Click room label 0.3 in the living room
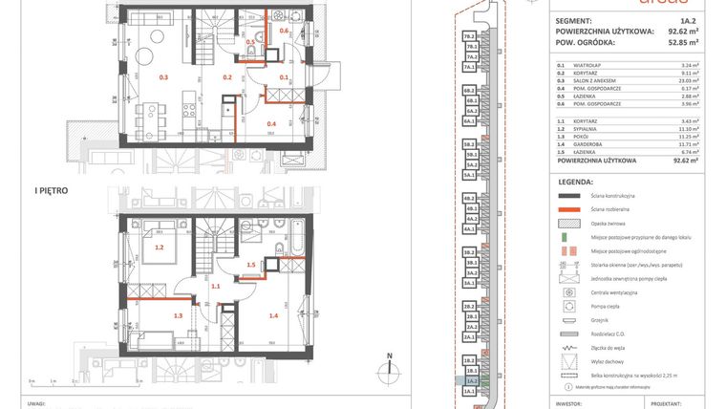click(x=163, y=76)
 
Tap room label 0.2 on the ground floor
click(x=227, y=76)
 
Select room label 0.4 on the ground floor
click(x=271, y=123)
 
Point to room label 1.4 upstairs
click(x=273, y=314)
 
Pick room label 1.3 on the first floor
click(x=178, y=314)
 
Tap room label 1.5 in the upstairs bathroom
click(x=251, y=265)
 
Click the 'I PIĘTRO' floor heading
click(x=53, y=190)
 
